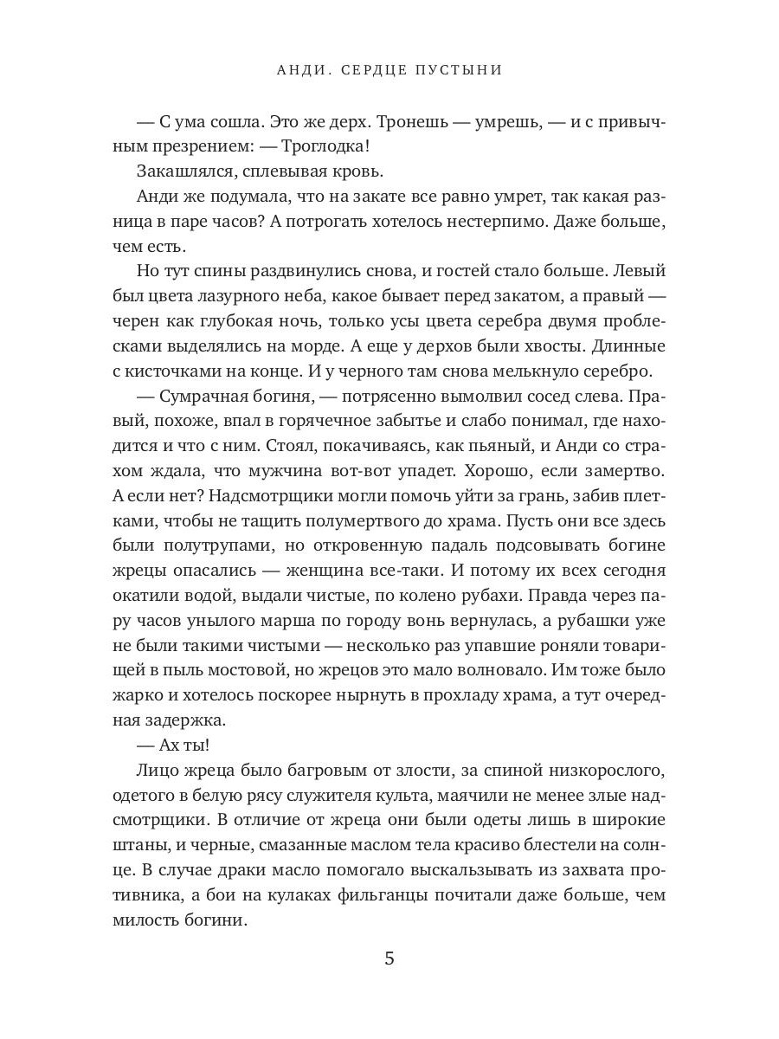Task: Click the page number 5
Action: coord(389,958)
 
